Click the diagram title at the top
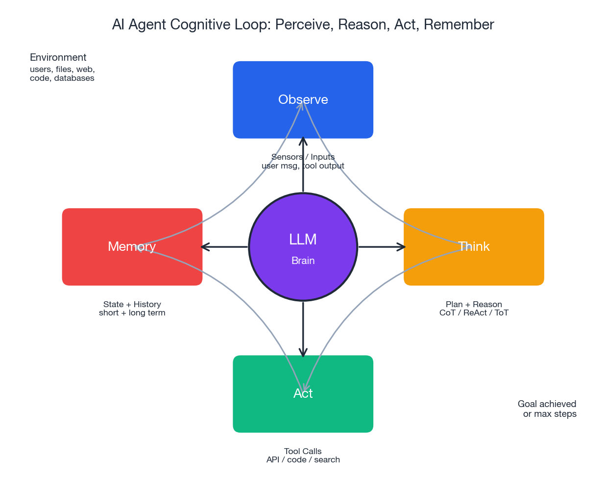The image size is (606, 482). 303,24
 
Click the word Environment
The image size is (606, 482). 58,57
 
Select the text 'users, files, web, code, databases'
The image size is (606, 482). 62,74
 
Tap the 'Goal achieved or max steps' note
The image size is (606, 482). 547,409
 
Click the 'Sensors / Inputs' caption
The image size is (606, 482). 303,157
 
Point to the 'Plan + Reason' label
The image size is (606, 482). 474,304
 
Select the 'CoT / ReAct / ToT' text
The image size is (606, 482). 474,313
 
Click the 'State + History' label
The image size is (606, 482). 132,304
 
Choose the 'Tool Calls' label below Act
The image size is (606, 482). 303,451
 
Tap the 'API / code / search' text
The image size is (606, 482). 303,460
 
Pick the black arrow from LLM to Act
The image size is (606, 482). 303,328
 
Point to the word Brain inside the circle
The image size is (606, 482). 303,261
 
